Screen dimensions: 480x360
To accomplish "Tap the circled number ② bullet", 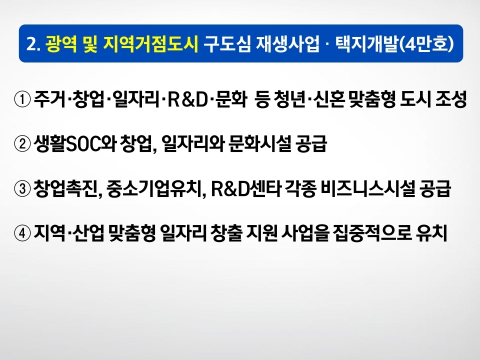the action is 22,144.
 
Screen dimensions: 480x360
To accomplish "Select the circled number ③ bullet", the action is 22,188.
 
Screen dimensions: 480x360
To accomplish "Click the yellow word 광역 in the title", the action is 61,44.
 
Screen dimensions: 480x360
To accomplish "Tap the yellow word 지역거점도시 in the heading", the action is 151,44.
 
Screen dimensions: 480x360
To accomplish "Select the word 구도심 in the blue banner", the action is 227,44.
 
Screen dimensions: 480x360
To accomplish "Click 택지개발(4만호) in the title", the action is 394,44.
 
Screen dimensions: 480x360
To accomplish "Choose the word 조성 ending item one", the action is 450,99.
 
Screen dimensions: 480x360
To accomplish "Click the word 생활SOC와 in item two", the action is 75,143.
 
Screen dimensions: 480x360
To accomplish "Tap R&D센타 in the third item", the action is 246,188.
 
